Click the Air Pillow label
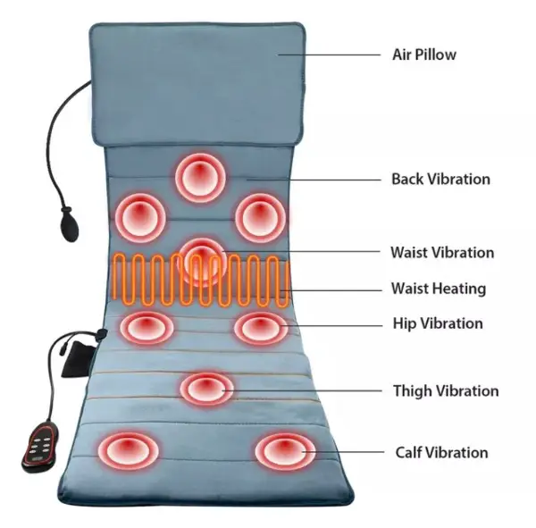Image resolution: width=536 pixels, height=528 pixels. pos(424,54)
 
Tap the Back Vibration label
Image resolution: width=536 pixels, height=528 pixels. pos(440,179)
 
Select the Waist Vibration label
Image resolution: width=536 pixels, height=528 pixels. pos(441,252)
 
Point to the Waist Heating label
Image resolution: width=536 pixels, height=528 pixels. pos(439,289)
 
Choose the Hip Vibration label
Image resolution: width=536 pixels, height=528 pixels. pos(438,323)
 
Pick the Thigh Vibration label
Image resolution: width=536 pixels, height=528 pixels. pos(446,390)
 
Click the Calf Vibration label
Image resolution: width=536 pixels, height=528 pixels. pos(441,452)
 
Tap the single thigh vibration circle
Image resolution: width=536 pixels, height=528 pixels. pos(207,389)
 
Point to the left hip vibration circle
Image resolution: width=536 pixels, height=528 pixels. pos(146,328)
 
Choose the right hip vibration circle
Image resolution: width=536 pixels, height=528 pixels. pos(262,329)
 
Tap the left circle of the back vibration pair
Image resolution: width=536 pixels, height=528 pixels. pos(141,215)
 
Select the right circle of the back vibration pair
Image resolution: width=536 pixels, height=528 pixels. pos(261,215)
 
